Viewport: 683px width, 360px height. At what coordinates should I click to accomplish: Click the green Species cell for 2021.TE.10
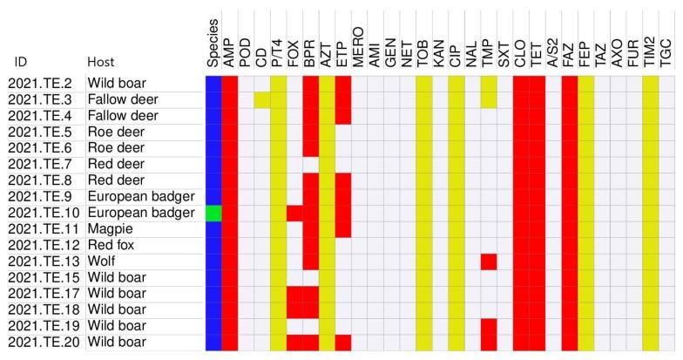pyautogui.click(x=213, y=213)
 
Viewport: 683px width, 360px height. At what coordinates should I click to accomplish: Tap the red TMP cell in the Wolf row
pyautogui.click(x=489, y=262)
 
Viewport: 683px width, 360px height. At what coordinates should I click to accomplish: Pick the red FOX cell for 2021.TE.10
pyautogui.click(x=294, y=213)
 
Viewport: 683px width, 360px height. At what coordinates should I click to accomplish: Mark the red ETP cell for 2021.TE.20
pyautogui.click(x=343, y=343)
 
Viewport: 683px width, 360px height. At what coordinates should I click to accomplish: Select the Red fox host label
pyautogui.click(x=112, y=245)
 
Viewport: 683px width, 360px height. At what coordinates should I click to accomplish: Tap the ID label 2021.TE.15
pyautogui.click(x=43, y=278)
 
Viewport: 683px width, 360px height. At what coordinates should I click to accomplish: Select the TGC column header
pyautogui.click(x=666, y=52)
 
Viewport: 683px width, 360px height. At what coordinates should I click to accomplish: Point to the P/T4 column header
pyautogui.click(x=278, y=52)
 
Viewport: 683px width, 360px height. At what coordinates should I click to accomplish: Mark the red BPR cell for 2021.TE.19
pyautogui.click(x=311, y=326)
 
